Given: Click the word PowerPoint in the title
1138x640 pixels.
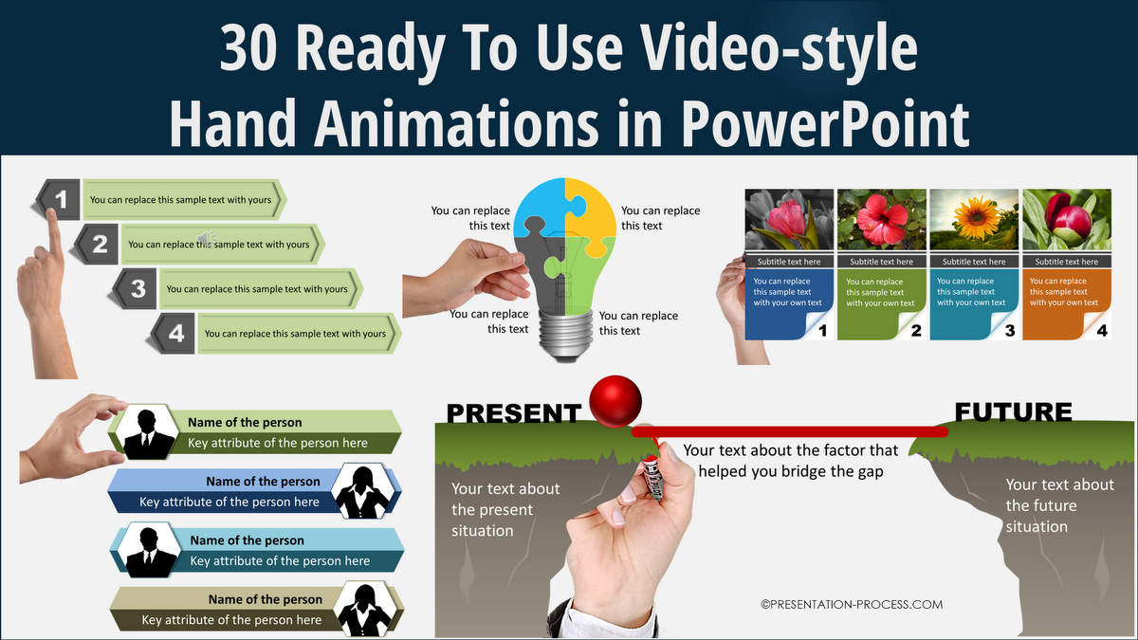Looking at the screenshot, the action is [x=825, y=124].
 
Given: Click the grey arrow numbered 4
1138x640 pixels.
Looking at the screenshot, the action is [x=172, y=333].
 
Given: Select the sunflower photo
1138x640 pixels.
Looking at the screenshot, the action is [x=974, y=219].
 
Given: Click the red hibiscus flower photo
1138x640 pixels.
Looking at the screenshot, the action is [x=881, y=219].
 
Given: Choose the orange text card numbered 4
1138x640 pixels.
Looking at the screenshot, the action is [x=1067, y=304].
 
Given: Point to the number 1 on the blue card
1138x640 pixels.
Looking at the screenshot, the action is [x=823, y=331].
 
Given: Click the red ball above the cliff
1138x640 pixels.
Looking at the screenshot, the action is [x=615, y=401].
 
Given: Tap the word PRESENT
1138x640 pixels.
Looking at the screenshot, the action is [x=514, y=413].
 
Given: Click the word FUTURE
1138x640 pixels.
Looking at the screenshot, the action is [x=1014, y=411].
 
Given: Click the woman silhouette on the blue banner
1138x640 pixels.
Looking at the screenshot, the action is [x=362, y=492].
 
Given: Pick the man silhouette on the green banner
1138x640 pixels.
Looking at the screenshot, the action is [x=147, y=434].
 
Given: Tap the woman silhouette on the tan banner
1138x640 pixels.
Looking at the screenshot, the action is [x=365, y=610].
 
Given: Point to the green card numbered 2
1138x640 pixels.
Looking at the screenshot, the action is [x=881, y=304].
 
